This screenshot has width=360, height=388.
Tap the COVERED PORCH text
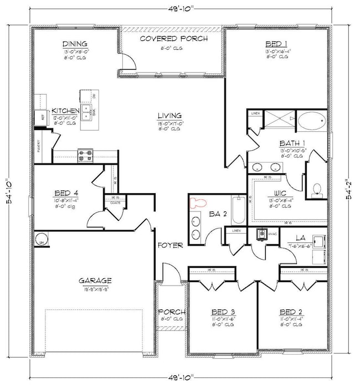(173, 39)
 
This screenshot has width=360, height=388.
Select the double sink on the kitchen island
(86, 112)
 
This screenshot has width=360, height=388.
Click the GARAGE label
(95, 280)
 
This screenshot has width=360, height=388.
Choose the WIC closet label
(275, 193)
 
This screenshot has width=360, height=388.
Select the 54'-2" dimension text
(349, 189)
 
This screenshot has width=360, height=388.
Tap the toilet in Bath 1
(317, 189)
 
